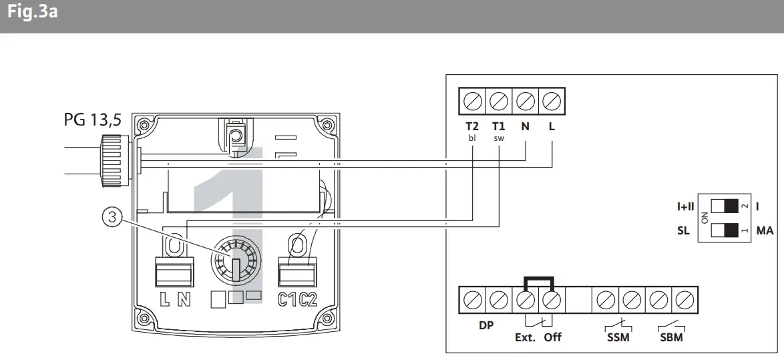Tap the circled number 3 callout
112,216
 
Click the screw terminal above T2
472,102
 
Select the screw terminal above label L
551,102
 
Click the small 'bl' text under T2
472,138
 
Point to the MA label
765,231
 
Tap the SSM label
618,338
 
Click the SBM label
671,338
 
